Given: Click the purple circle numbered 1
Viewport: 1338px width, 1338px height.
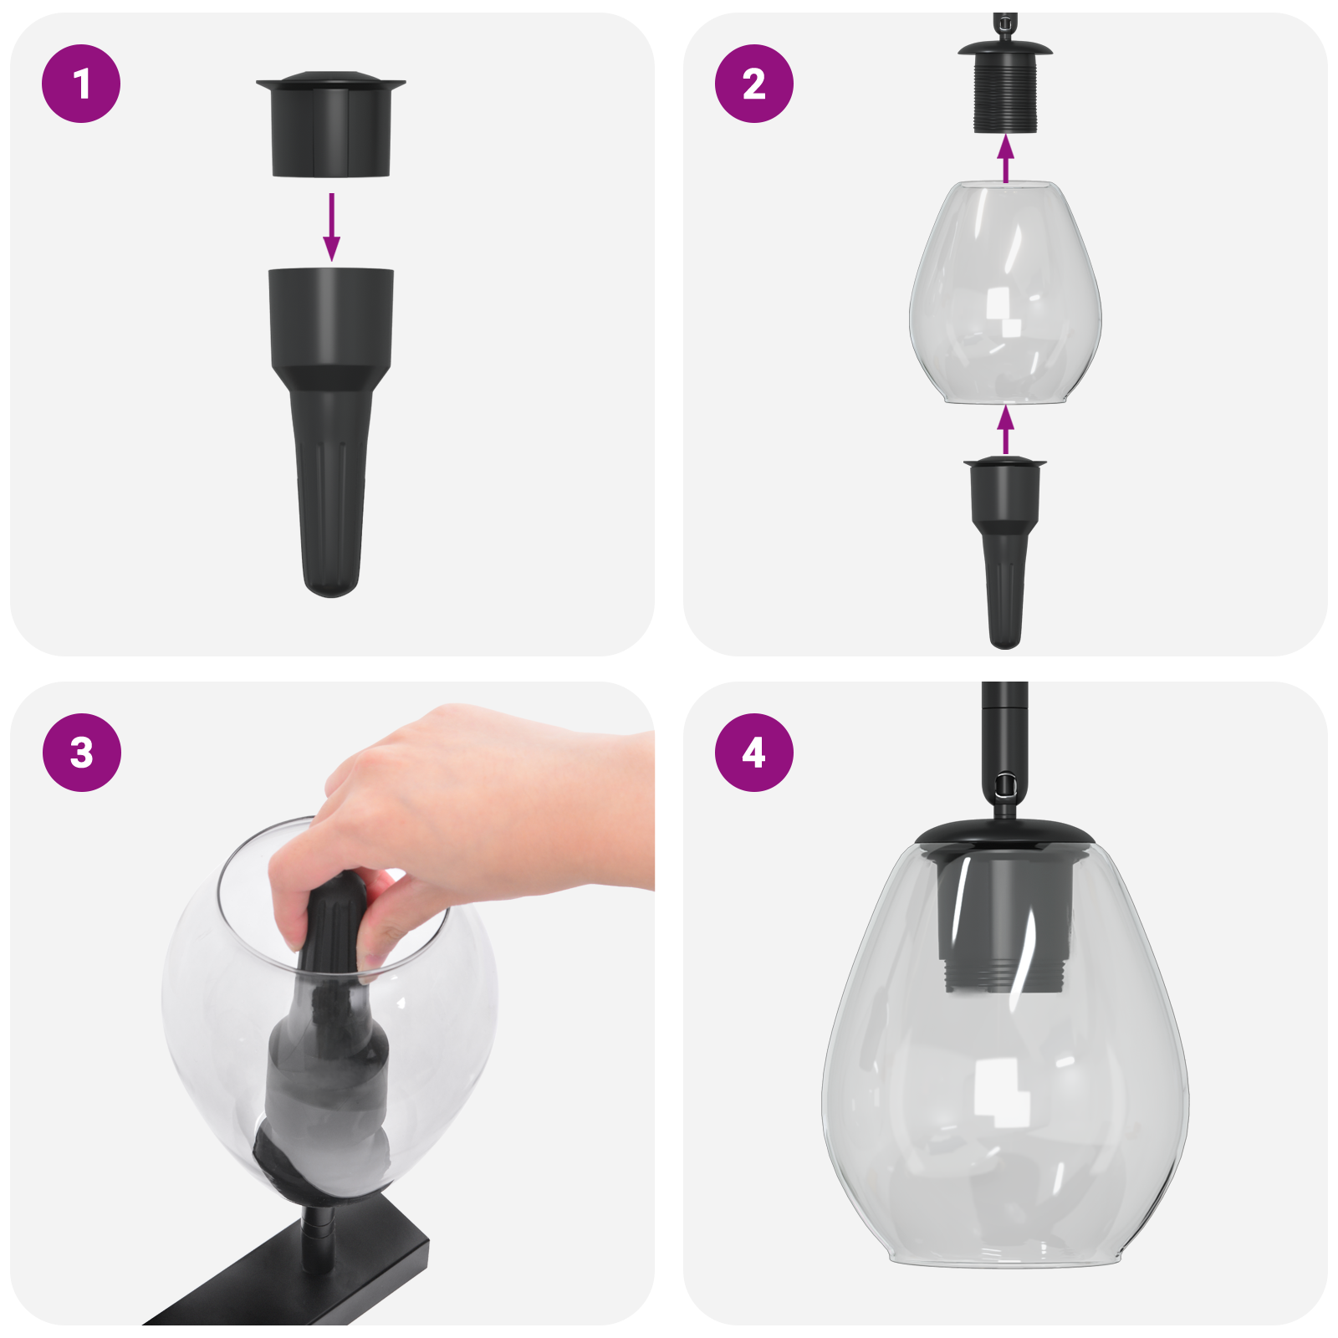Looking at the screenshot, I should (x=81, y=84).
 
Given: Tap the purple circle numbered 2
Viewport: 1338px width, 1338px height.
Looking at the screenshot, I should (x=753, y=84).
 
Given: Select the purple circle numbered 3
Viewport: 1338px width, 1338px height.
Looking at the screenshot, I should (x=81, y=752).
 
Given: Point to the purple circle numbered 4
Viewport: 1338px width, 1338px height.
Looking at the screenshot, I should (x=753, y=752).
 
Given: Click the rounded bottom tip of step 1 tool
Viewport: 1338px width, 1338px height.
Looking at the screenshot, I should (x=331, y=581).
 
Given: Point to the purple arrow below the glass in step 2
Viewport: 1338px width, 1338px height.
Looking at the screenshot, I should (x=1005, y=430).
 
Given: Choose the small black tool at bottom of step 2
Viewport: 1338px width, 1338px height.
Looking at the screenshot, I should (x=1004, y=544).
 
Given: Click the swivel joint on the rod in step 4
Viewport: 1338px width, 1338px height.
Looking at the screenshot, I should (x=1004, y=786).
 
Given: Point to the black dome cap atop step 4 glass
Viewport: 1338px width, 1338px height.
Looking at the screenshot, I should (x=1004, y=832).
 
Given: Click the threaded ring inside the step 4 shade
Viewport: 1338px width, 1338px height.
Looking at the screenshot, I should (x=1004, y=974).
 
